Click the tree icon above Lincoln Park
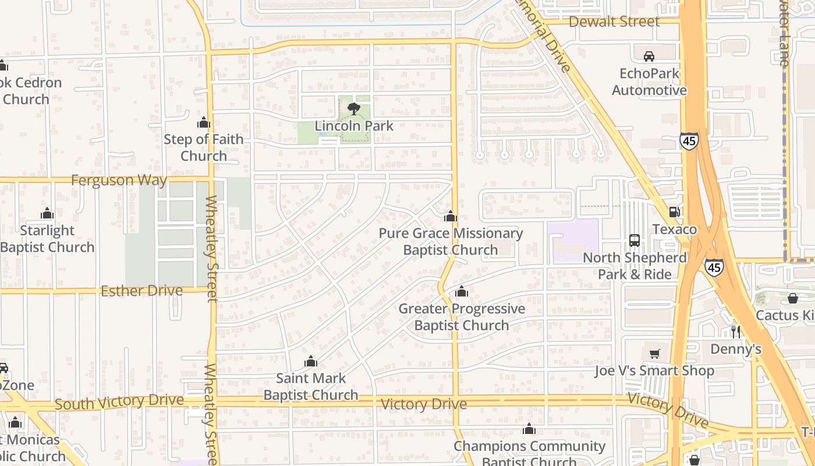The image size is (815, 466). click(x=353, y=108)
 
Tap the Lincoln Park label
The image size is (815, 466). click(x=354, y=126)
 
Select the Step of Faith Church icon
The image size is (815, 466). click(x=204, y=122)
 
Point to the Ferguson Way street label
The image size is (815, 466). click(x=119, y=180)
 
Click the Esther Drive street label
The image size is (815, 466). click(x=141, y=291)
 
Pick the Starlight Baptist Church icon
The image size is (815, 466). click(x=47, y=214)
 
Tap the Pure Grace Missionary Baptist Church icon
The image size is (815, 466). click(x=451, y=217)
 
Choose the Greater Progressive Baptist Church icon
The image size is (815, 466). click(x=462, y=291)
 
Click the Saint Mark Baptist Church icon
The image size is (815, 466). click(x=311, y=361)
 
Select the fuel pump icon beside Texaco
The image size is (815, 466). click(x=675, y=212)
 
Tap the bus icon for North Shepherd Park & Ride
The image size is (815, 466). click(x=635, y=240)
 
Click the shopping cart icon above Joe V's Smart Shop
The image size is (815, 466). click(x=655, y=354)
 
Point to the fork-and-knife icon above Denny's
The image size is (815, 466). click(x=736, y=331)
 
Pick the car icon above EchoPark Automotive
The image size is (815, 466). click(x=649, y=57)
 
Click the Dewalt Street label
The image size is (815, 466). click(x=614, y=22)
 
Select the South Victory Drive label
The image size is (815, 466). click(x=119, y=401)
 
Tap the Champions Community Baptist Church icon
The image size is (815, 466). click(x=529, y=429)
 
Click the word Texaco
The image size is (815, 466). click(x=675, y=229)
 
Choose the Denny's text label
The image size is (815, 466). click(x=736, y=349)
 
